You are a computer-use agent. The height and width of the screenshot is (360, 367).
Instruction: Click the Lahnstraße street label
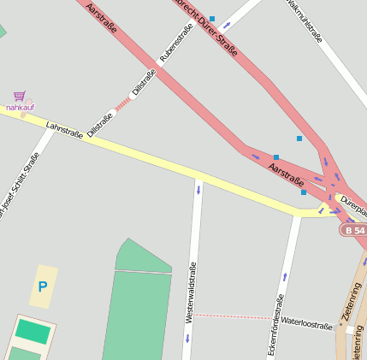64,129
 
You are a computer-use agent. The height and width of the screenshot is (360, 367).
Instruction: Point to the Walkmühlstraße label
305,21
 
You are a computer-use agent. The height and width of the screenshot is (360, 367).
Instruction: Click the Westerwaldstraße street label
191,292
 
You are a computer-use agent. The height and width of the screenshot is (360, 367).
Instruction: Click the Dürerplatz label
353,205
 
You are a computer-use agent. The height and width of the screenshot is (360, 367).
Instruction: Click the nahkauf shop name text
20,108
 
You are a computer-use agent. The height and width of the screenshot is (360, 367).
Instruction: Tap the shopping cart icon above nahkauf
19,97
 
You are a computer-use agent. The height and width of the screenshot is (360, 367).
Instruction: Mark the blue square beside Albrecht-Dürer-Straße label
212,18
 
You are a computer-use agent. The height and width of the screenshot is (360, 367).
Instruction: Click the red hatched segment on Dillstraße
123,103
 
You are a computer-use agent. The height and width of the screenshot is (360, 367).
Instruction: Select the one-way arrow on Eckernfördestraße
284,277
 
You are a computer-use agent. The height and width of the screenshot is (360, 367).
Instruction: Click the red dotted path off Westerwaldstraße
231,316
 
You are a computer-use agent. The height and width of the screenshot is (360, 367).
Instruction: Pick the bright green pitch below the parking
33,332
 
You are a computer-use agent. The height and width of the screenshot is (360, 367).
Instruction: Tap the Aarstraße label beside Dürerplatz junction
286,174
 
